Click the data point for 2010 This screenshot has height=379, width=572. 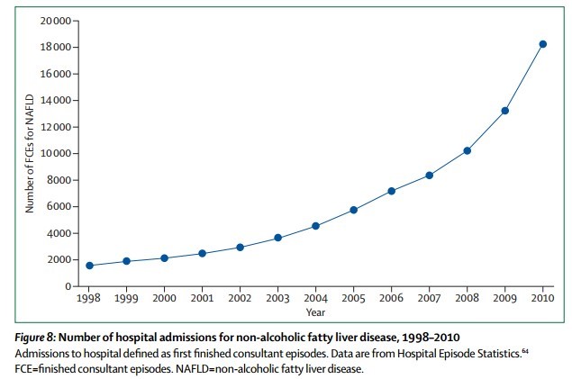pos(543,43)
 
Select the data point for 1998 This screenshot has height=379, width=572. pos(88,266)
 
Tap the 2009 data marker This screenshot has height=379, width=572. pos(505,111)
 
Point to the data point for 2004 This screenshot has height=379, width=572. pos(315,226)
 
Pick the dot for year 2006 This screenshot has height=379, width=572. pos(392,191)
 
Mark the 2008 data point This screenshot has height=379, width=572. pos(468,150)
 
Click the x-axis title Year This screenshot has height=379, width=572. pos(315,313)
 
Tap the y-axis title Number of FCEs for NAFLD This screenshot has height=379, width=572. pos(30,153)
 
